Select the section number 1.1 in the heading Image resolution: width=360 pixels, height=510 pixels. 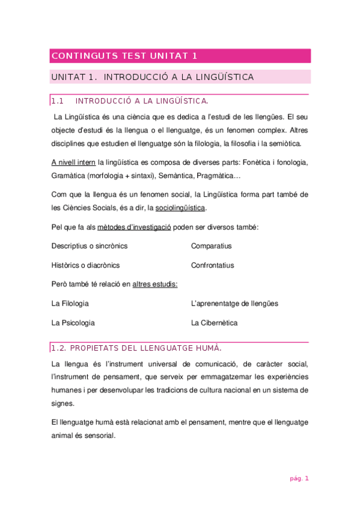(58, 100)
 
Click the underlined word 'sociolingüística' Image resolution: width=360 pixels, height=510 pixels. (180, 208)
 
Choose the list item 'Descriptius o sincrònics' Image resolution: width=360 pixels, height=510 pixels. (89, 246)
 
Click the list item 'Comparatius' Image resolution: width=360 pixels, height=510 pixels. (211, 246)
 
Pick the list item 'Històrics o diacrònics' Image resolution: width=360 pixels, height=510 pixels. (85, 265)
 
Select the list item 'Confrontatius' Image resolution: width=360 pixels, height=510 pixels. (212, 265)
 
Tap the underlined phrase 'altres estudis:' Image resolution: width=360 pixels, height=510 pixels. (155, 284)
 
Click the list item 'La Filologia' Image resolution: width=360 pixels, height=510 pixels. (70, 304)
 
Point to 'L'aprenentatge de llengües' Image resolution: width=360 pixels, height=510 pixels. (234, 304)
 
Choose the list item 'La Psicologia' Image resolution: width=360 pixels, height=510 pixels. (73, 323)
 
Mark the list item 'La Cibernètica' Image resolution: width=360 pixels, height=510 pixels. (214, 323)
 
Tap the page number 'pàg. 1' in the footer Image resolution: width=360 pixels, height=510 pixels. (298, 479)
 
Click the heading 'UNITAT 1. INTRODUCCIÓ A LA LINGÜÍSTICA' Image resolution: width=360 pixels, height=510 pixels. (153, 77)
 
